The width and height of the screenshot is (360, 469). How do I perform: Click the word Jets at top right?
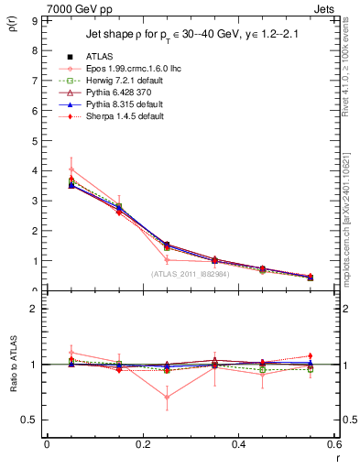[x=326, y=7]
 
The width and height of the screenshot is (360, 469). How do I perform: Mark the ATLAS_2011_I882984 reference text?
[x=190, y=274]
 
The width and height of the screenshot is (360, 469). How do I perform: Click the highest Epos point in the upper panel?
[x=71, y=169]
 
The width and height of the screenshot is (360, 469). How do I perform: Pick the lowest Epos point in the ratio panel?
[x=167, y=397]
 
